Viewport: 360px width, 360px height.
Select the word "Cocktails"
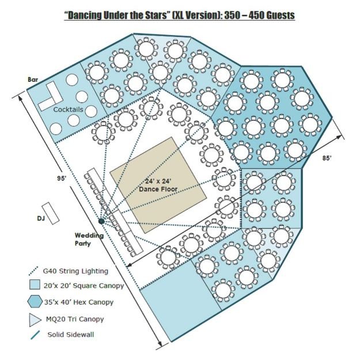point(69,109)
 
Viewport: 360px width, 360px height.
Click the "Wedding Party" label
point(89,239)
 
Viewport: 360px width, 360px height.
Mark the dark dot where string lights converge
point(101,221)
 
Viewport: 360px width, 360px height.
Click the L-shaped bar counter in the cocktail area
point(49,98)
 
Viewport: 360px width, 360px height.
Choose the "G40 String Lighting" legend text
point(75,271)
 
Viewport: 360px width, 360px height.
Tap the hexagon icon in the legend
point(36,301)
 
